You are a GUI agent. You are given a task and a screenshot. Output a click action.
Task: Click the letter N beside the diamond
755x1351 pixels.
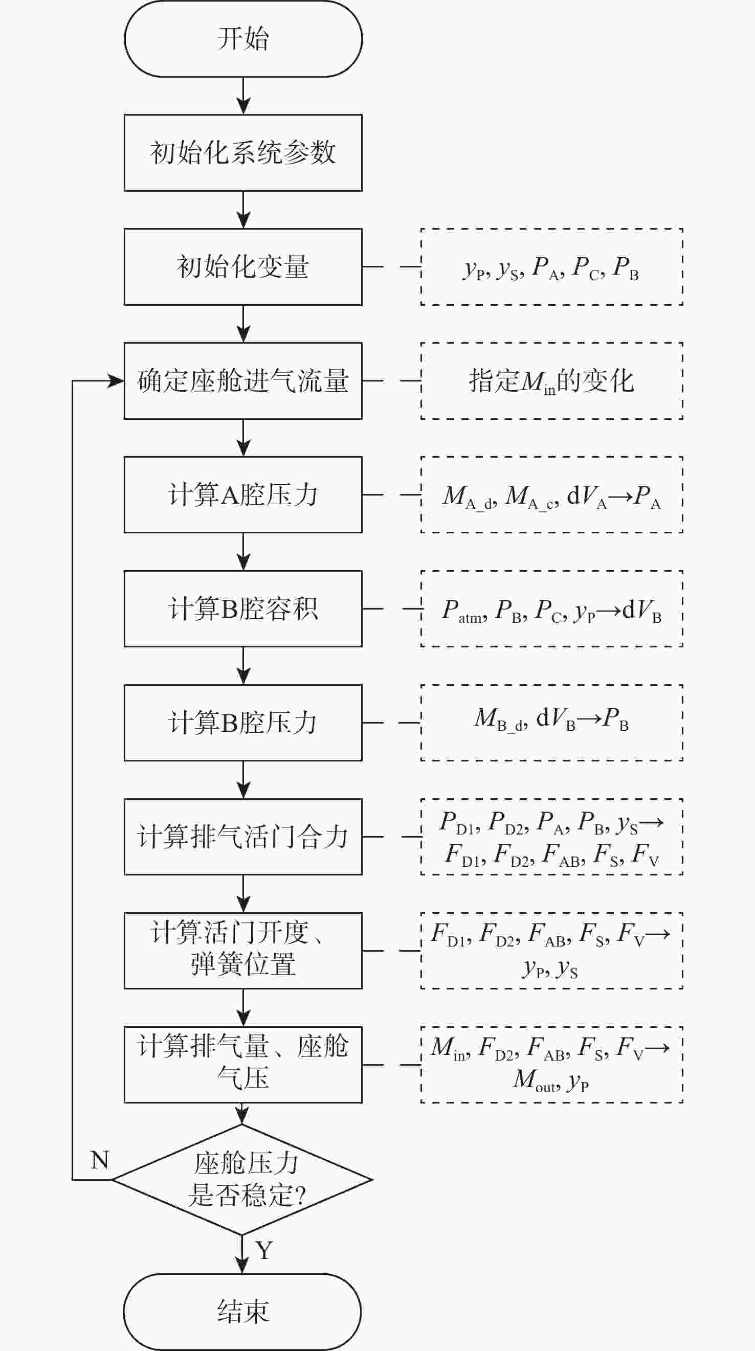coord(100,1161)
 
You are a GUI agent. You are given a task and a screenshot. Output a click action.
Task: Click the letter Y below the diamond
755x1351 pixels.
coord(264,1250)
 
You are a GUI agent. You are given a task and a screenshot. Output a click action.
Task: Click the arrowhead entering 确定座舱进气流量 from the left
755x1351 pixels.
coord(116,381)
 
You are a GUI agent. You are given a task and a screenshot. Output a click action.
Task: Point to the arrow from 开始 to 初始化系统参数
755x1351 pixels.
coord(243,96)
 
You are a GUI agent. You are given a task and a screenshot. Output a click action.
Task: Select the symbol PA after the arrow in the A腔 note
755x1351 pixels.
coord(647,496)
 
